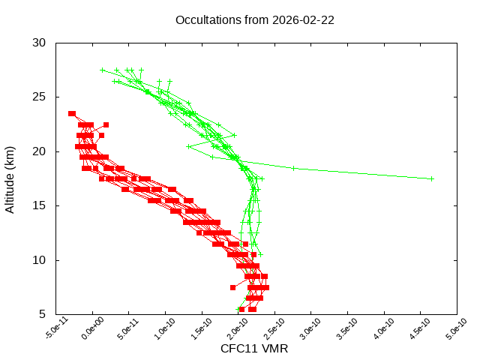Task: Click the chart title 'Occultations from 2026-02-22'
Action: click(x=254, y=20)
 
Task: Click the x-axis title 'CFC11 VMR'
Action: click(x=254, y=348)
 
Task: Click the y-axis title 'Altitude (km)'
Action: click(x=10, y=178)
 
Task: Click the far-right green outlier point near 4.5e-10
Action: click(x=432, y=178)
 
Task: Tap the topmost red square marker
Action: click(x=72, y=113)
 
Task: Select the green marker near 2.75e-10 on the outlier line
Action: click(x=293, y=168)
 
